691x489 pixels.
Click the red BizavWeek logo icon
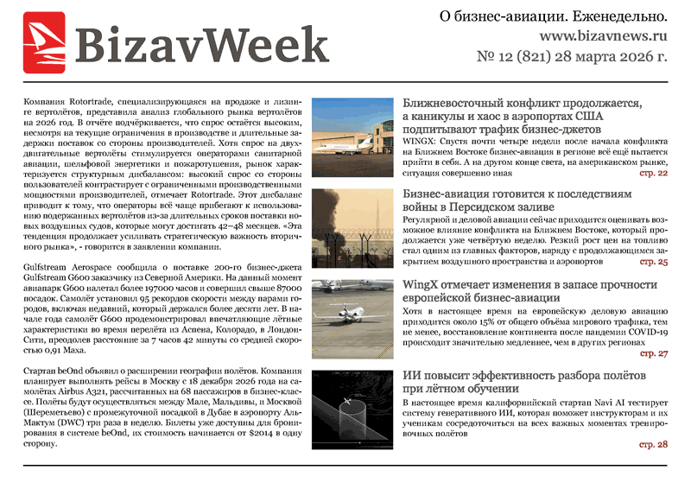[x=43, y=41]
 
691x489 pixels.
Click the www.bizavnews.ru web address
[x=603, y=37]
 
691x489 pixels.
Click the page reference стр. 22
[x=652, y=173]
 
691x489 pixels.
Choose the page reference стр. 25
[x=652, y=261]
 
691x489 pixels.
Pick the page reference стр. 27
[x=652, y=353]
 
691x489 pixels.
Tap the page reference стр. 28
[x=652, y=445]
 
